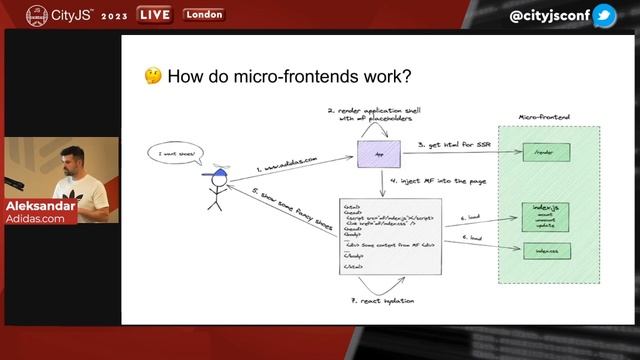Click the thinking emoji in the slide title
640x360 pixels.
pyautogui.click(x=153, y=76)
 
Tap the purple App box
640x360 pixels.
pyautogui.click(x=378, y=155)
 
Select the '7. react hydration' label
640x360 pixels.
pyautogui.click(x=382, y=300)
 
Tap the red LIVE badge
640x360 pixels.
pyautogui.click(x=154, y=15)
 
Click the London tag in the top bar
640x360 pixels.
pyautogui.click(x=203, y=15)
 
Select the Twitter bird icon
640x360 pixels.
pyautogui.click(x=604, y=16)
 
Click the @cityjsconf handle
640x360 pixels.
pyautogui.click(x=549, y=16)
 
